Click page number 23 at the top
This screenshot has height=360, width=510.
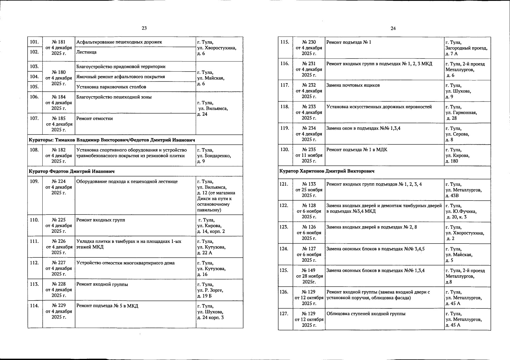point(144,28)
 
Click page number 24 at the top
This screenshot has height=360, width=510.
point(393,28)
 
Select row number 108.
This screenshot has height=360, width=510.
point(34,150)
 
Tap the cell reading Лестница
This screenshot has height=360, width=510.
point(86,52)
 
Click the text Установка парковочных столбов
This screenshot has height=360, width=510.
point(111,87)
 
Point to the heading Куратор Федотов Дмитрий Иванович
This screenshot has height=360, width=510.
point(72,171)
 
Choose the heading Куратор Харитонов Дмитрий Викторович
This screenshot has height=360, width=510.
point(327,171)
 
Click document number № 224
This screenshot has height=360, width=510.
point(59,181)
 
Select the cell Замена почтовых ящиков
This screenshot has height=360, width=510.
point(353,85)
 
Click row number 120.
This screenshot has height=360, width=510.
point(285,150)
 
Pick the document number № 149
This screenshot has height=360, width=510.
point(309,270)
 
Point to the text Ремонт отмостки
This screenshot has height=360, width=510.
point(94,119)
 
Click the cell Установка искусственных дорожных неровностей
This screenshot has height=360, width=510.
point(379,107)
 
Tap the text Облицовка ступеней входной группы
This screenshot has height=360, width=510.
point(366,314)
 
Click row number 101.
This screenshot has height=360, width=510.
point(34,42)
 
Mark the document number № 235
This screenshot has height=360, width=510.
point(309,150)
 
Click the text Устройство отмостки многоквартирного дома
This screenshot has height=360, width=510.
point(125,263)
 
